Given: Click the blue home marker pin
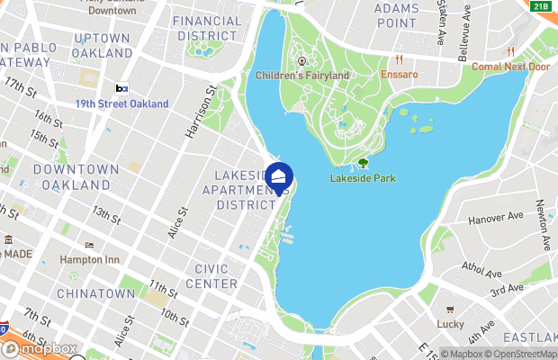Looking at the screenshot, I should [279, 177].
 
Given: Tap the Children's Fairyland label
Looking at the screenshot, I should [302, 76].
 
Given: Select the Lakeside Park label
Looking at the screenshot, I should [363, 178].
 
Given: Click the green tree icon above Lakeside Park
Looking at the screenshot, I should [364, 164].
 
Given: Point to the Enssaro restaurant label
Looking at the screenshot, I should [400, 74].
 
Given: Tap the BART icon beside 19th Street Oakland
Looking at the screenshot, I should [121, 89].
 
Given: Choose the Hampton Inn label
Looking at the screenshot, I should [89, 258].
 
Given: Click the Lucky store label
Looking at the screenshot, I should [449, 323].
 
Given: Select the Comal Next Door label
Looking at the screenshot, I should [511, 66].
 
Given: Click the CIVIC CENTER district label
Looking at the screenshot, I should [211, 276].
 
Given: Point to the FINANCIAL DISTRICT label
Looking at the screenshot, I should [207, 28].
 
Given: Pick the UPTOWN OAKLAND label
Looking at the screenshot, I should [103, 45].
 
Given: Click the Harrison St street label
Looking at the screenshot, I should [199, 112].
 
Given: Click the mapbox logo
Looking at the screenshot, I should [41, 347].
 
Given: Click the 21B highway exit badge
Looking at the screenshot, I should [540, 6].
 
